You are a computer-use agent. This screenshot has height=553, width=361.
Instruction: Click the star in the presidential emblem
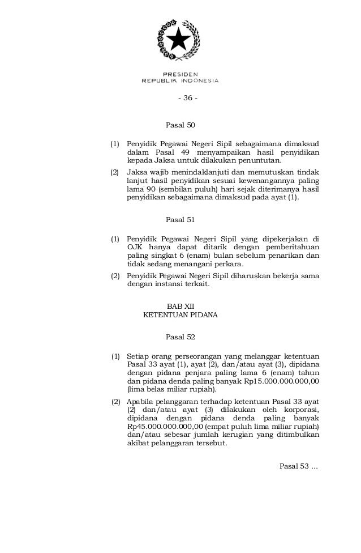tap(179, 40)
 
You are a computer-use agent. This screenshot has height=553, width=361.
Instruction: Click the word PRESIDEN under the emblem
tap(180, 74)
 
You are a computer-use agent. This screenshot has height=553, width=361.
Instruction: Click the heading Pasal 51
tap(180, 219)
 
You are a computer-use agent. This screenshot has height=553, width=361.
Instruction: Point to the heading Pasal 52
tap(180, 337)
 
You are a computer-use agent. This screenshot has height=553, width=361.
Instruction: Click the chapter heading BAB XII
tap(180, 305)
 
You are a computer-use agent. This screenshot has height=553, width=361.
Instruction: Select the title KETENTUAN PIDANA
tap(180, 314)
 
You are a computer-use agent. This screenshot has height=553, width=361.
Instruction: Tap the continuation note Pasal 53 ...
tap(299, 466)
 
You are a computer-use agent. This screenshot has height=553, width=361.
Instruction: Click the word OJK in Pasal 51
tap(135, 247)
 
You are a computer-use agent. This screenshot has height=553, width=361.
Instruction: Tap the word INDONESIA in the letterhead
tap(199, 80)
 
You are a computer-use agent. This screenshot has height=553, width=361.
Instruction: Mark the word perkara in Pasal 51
tap(226, 265)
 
